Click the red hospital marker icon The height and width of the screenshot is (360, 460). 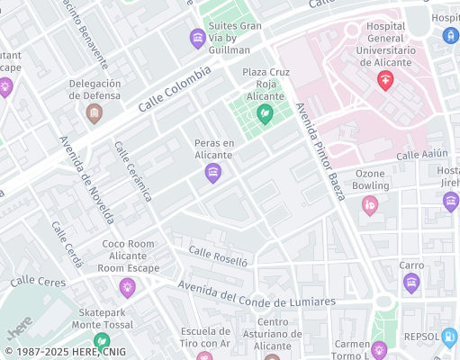(385, 82)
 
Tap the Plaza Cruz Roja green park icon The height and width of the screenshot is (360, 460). (265, 113)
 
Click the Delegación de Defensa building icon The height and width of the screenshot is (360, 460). (94, 113)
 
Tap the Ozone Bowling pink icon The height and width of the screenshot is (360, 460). (369, 205)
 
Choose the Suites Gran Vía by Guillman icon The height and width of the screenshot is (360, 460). (197, 38)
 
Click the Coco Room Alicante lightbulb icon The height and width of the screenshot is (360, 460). (127, 287)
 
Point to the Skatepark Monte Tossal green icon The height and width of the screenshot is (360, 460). (102, 341)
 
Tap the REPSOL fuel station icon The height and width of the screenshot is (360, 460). (449, 337)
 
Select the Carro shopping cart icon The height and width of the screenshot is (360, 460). (411, 284)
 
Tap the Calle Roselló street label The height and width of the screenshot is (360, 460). (217, 256)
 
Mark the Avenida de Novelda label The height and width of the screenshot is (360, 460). (86, 180)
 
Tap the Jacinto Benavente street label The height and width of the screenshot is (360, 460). (86, 33)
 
